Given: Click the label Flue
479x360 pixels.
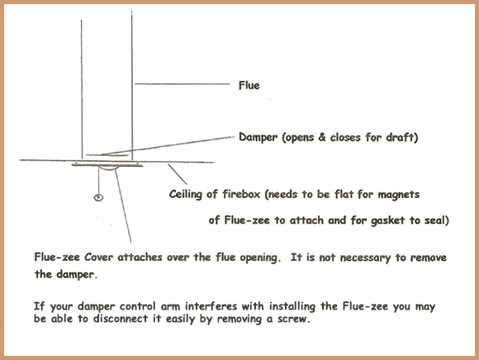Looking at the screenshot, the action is (x=249, y=85).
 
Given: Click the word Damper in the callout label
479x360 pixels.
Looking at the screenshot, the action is (x=258, y=137).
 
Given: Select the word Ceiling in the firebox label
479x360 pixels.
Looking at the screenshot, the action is (x=186, y=195).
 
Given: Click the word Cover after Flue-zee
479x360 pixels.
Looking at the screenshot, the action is (x=98, y=257).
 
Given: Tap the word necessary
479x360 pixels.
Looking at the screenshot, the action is (x=365, y=258).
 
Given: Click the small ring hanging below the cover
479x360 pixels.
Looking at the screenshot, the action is (x=98, y=197).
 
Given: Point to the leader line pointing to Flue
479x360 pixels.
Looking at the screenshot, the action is (x=183, y=83).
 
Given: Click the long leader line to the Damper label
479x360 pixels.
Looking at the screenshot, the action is (x=168, y=145).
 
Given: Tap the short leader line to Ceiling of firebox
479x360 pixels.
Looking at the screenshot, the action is (x=178, y=174).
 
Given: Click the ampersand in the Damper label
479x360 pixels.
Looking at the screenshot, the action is (x=322, y=137).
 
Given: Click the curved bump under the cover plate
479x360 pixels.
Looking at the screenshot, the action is (x=107, y=168).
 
